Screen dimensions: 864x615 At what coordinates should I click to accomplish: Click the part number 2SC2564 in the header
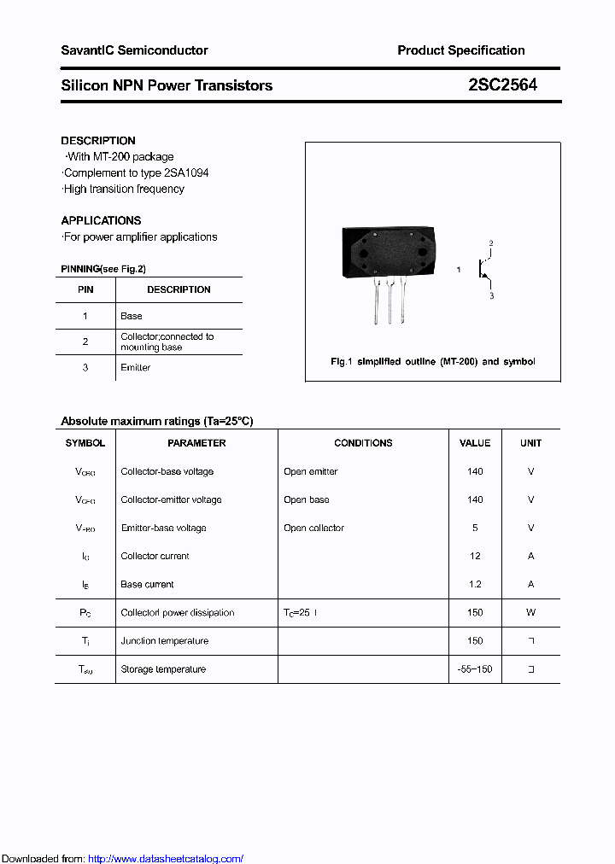(x=502, y=85)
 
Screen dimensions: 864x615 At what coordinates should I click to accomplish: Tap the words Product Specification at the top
(x=461, y=50)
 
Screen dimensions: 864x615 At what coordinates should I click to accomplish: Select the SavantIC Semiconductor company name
(x=134, y=50)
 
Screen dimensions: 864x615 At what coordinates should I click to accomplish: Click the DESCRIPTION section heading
(x=98, y=141)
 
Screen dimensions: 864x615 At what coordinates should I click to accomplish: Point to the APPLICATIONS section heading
(x=101, y=220)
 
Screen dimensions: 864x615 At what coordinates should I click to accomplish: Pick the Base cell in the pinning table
(x=132, y=316)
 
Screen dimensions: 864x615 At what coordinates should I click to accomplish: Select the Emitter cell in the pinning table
(x=135, y=368)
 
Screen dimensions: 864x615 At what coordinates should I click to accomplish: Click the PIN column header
(x=85, y=289)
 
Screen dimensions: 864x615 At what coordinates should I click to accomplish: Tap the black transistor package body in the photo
(x=388, y=254)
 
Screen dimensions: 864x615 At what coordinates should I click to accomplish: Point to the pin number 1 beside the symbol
(x=459, y=270)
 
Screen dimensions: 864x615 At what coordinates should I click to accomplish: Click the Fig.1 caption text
(x=433, y=362)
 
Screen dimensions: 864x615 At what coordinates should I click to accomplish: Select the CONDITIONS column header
(x=363, y=443)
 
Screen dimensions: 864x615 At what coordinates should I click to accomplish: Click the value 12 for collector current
(x=475, y=556)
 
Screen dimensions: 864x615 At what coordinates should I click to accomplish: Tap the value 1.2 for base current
(x=475, y=584)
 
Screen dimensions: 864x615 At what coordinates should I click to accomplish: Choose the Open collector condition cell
(x=313, y=528)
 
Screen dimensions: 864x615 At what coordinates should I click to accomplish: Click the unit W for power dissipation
(x=530, y=612)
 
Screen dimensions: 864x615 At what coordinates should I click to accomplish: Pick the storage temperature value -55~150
(x=475, y=669)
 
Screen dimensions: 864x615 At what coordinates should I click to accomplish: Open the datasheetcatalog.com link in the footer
(x=166, y=859)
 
